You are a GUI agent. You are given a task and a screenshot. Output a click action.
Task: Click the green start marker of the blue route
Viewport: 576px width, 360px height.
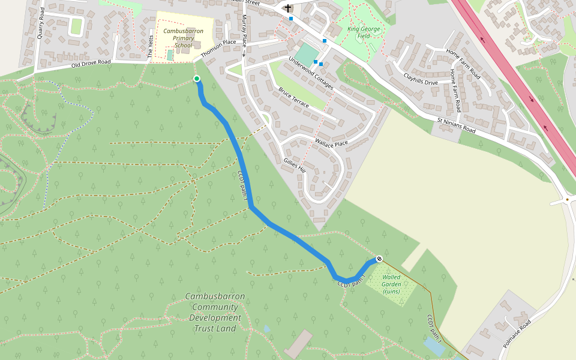coord(197,79)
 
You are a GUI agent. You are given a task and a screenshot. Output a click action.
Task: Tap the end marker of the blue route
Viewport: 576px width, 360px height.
coord(379,259)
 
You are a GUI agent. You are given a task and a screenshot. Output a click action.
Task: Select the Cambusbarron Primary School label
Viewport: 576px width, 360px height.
coord(183,38)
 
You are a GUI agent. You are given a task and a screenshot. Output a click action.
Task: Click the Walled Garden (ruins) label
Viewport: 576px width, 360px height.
coord(391,284)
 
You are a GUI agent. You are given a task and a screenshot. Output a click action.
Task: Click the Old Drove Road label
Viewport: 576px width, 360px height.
coord(91,63)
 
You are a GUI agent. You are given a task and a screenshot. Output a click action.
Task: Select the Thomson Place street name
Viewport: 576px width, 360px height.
coord(218,48)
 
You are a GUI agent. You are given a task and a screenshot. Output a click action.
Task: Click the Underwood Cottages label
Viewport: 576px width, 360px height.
coord(310,73)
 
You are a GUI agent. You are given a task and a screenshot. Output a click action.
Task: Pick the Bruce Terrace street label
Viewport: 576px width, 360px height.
coord(293,98)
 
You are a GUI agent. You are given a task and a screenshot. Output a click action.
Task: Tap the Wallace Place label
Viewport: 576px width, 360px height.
coord(331,143)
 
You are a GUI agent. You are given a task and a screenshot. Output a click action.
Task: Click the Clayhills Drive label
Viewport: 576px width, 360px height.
coord(421,77)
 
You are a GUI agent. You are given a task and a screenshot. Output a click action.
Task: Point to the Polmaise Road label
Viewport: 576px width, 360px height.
coord(518,334)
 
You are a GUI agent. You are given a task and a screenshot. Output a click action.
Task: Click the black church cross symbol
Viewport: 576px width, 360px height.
coord(288,8)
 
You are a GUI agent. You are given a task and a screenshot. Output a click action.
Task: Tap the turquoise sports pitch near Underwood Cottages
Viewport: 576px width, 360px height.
coord(307,54)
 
